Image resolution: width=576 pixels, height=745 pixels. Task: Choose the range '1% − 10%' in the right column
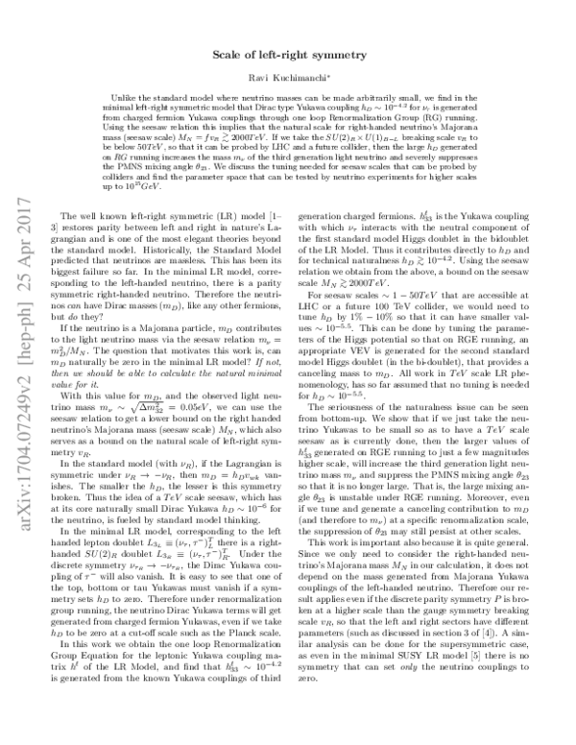[x=396, y=327]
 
